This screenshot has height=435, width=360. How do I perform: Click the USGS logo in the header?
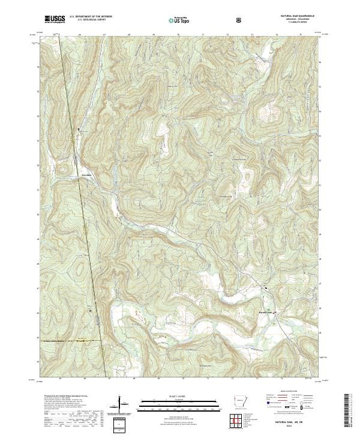click(x=55, y=20)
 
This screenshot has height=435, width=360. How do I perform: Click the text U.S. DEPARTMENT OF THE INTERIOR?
click(x=90, y=17)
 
